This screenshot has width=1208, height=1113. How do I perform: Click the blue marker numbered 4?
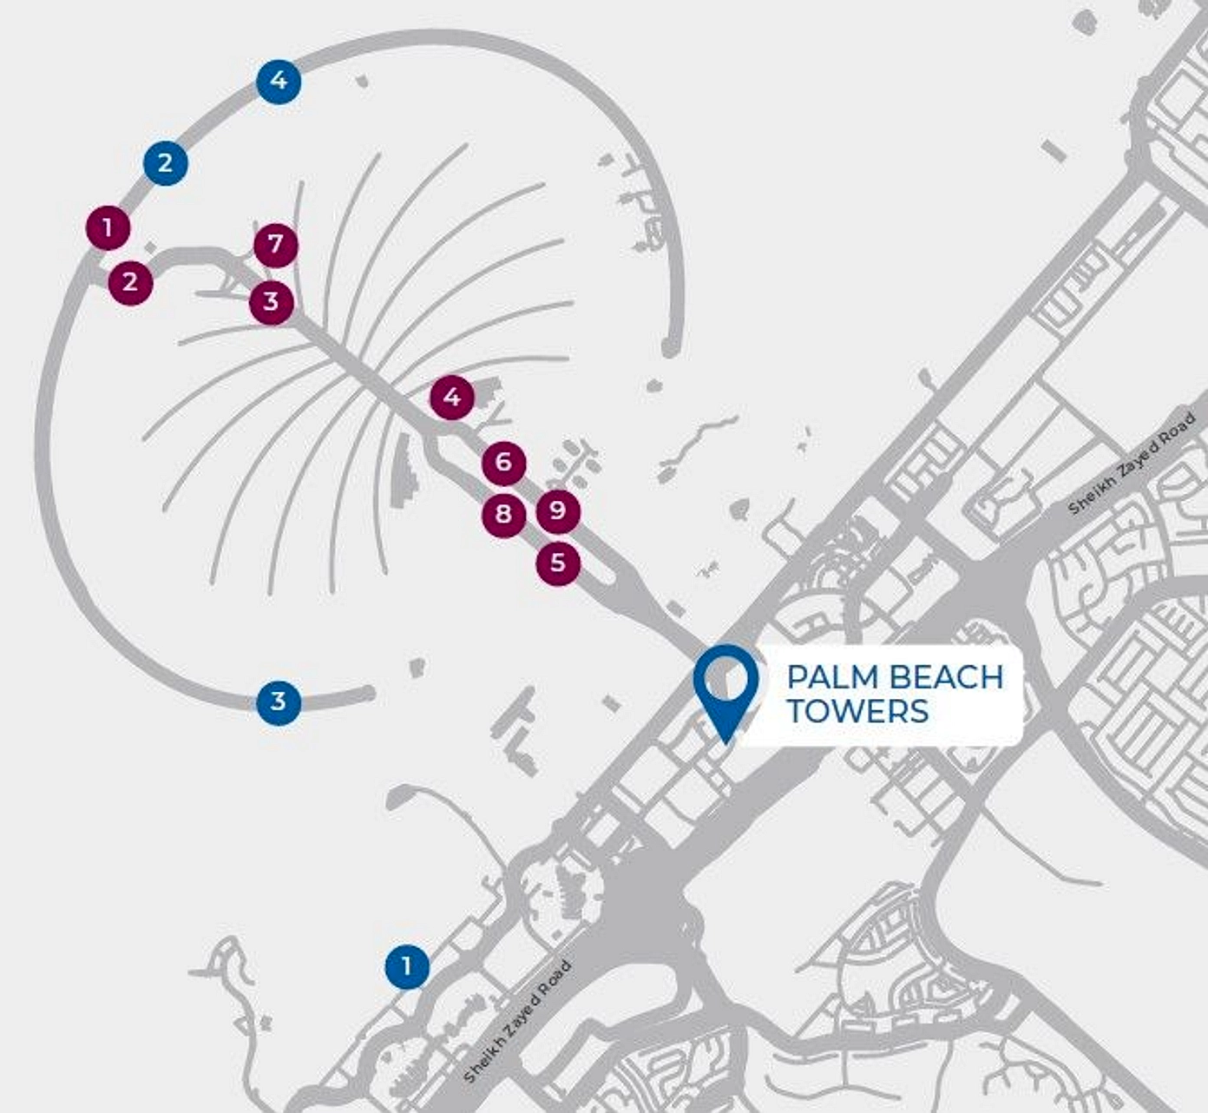tap(279, 82)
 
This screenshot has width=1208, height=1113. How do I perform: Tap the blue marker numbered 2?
tap(166, 162)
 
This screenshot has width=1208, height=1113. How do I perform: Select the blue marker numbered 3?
tap(279, 701)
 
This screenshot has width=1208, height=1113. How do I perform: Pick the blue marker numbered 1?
tap(407, 965)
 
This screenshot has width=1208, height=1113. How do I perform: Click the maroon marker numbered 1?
tap(108, 228)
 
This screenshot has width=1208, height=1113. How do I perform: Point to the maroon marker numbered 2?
tap(130, 282)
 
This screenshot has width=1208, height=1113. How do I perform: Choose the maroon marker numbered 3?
tap(272, 302)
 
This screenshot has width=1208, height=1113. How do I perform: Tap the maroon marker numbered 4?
tap(452, 398)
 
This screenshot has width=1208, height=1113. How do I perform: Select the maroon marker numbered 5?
tap(558, 563)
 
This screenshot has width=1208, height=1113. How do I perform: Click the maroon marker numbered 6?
tap(504, 463)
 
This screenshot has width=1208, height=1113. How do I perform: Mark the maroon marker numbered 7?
tap(276, 244)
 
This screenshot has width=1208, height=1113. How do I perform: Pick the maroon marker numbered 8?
tap(503, 515)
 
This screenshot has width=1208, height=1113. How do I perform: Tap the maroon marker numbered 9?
tap(558, 510)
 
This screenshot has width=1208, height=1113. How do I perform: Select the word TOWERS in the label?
tap(857, 712)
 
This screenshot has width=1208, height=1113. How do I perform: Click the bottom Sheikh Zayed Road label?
tap(518, 1021)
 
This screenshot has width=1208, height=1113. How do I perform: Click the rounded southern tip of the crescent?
tap(368, 693)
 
